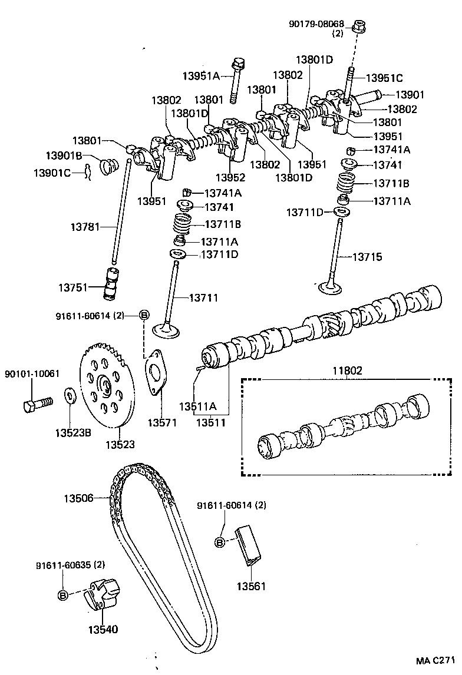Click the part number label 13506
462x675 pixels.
(x=78, y=498)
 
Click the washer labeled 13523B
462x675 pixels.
(x=68, y=393)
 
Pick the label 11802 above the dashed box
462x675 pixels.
(x=346, y=370)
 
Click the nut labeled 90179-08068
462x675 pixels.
(x=357, y=27)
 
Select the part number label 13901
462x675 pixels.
(x=410, y=95)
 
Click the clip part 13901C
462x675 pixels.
(x=88, y=172)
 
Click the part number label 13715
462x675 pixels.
(x=367, y=257)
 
